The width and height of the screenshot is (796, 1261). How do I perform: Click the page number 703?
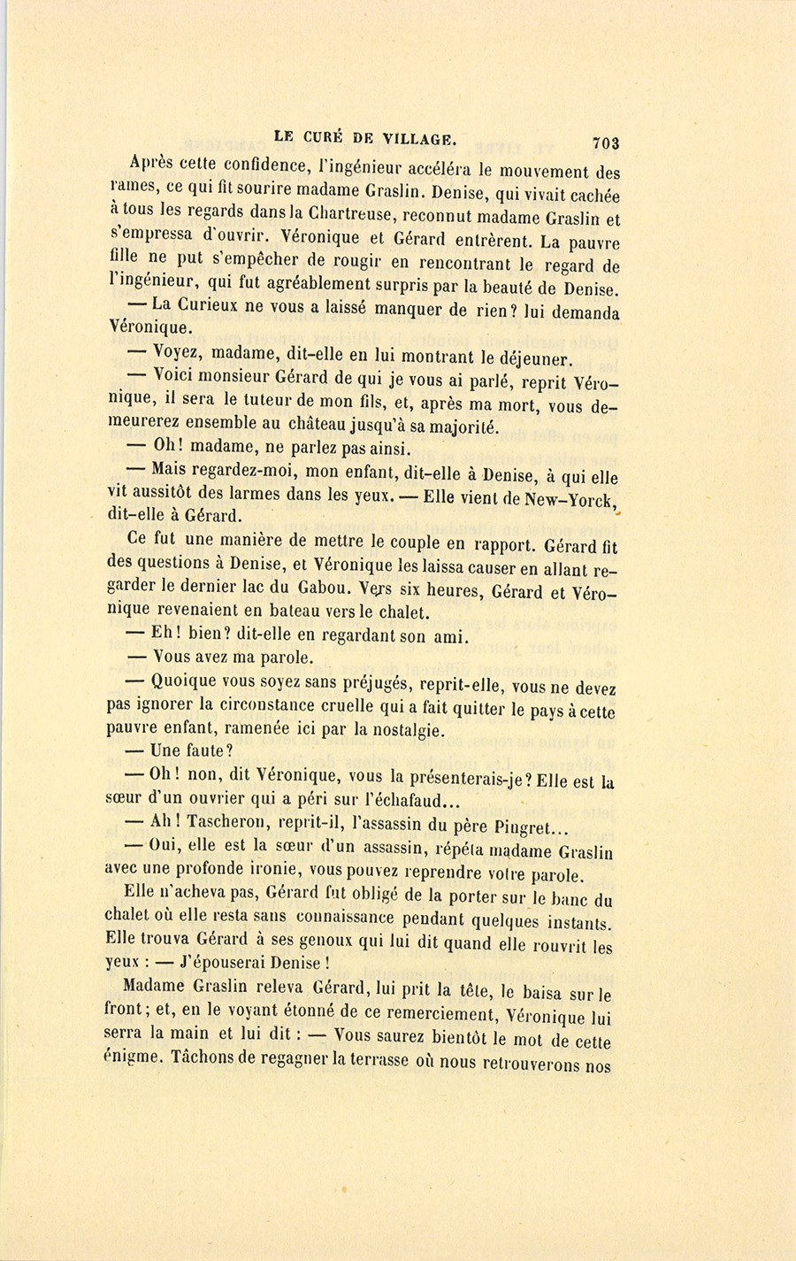606,142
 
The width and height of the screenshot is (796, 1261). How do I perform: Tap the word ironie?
278,873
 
